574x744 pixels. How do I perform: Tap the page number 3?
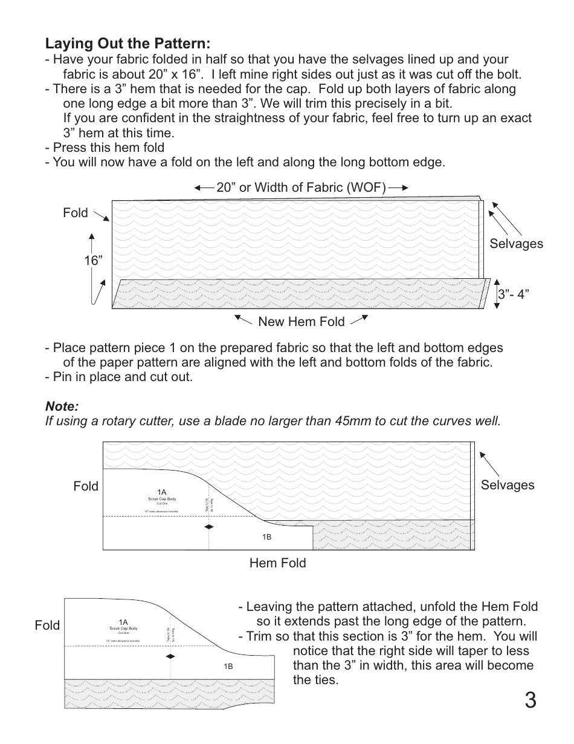[x=529, y=701]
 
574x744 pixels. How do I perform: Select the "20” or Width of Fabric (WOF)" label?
[x=301, y=188]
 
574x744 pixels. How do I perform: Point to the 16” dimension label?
[x=93, y=260]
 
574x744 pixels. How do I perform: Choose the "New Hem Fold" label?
[x=301, y=322]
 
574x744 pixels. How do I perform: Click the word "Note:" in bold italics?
[x=62, y=405]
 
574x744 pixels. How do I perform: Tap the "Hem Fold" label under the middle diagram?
[x=277, y=563]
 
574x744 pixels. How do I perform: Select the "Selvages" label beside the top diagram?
[x=516, y=244]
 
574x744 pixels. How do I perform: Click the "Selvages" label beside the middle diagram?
[x=508, y=485]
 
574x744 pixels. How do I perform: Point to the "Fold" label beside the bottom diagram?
[x=47, y=625]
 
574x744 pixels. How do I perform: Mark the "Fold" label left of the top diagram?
[x=75, y=213]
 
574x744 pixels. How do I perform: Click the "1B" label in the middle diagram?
[x=266, y=537]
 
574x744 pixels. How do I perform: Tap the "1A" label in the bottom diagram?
[x=123, y=622]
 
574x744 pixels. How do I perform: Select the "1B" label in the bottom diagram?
[x=228, y=666]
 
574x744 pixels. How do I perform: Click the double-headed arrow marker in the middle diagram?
[x=208, y=527]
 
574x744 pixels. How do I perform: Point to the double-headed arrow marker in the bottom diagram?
[x=170, y=656]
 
